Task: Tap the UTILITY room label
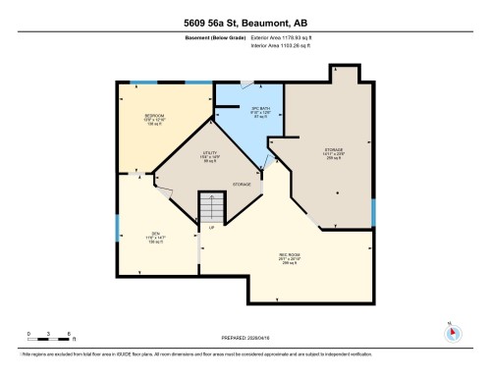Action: point(208,155)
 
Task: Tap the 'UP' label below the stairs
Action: point(211,228)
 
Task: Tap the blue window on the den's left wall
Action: point(117,231)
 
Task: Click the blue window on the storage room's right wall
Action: point(373,211)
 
